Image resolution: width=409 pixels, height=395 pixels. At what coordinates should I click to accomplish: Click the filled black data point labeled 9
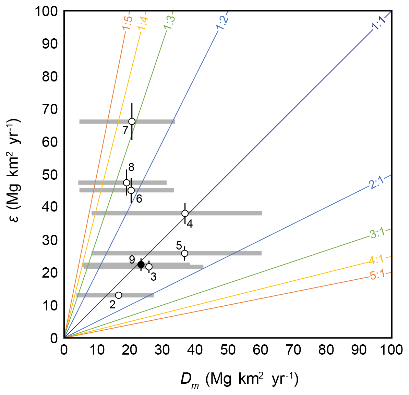[x=141, y=264]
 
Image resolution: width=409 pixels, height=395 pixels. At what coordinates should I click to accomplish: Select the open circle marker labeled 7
[x=132, y=122]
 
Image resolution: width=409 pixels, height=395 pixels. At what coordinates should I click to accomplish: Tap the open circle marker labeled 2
[x=119, y=295]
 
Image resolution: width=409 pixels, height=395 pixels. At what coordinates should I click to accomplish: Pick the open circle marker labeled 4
[x=185, y=213]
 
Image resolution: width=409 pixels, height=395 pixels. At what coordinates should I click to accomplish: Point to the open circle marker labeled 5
[x=184, y=253]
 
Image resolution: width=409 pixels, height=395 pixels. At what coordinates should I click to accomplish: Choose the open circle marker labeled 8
[x=127, y=183]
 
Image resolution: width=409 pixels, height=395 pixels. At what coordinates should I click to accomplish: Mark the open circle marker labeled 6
[x=131, y=190]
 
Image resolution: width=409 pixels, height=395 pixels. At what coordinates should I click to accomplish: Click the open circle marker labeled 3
[x=149, y=267]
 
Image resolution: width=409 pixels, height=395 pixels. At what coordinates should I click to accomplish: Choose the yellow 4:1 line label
[x=377, y=260]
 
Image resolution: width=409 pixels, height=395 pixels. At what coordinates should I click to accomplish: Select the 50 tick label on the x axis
[x=228, y=350]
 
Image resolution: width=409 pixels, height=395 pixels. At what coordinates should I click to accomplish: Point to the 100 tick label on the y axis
[x=46, y=11]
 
